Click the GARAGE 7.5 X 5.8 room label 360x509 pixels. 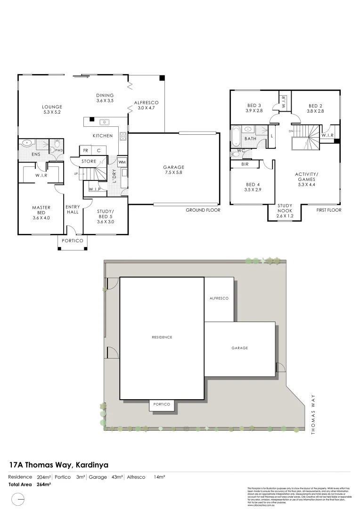click(x=173, y=170)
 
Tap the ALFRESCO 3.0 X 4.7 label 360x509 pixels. click(x=146, y=105)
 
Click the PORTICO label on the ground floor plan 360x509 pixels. click(x=72, y=241)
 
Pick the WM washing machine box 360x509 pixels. click(x=122, y=162)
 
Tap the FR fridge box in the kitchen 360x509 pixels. click(x=86, y=151)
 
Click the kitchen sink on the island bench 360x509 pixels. click(x=105, y=123)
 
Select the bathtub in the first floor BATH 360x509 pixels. click(x=235, y=135)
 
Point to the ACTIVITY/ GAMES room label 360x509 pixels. click(x=306, y=177)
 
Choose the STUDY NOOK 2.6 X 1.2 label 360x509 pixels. click(x=285, y=210)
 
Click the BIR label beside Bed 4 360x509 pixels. click(x=245, y=164)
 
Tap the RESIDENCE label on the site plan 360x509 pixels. click(x=162, y=337)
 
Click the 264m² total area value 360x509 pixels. click(x=43, y=484)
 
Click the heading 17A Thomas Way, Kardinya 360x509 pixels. click(x=59, y=465)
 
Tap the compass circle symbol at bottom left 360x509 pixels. click(x=18, y=498)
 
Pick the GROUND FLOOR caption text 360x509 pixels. click(x=203, y=210)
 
